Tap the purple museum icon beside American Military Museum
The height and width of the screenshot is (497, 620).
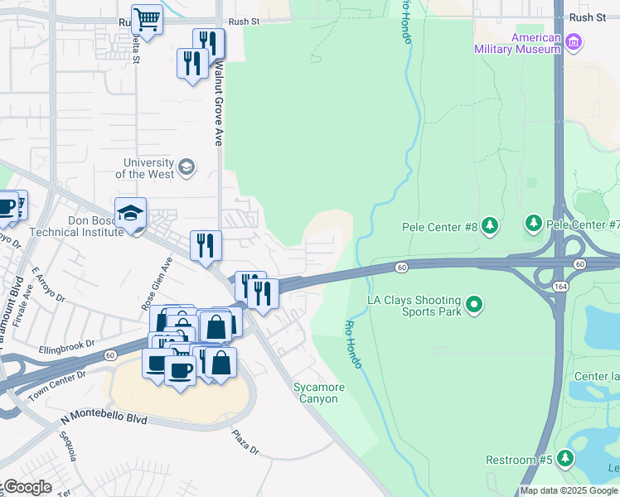pyautogui.click(x=573, y=40)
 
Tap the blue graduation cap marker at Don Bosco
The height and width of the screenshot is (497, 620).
pyautogui.click(x=130, y=214)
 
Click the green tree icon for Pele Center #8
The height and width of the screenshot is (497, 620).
pyautogui.click(x=490, y=224)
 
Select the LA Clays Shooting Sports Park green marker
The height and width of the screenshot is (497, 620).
pyautogui.click(x=473, y=305)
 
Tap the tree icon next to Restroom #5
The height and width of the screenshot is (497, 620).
pyautogui.click(x=564, y=457)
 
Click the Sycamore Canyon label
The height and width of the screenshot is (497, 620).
pyautogui.click(x=317, y=393)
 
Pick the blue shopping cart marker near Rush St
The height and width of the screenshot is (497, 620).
pyautogui.click(x=147, y=18)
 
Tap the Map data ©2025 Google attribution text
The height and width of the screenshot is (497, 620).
pyautogui.click(x=569, y=490)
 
